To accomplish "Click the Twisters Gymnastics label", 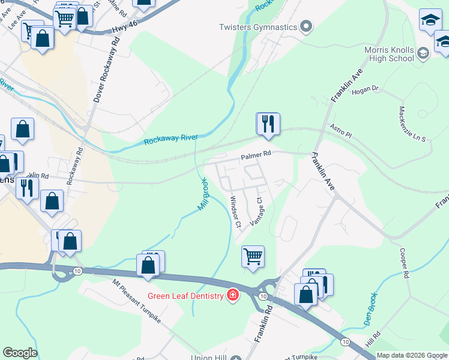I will click(x=258, y=27).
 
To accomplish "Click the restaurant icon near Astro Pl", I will click(x=268, y=124).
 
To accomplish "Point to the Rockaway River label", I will click(x=171, y=140).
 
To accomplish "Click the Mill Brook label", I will click(x=204, y=193).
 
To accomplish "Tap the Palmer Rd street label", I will click(x=256, y=154).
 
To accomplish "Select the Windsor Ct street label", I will click(x=235, y=212).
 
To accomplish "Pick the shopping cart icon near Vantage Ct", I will click(x=253, y=256).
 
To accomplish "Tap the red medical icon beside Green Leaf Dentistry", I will click(x=232, y=295).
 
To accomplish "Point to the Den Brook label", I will click(x=372, y=310).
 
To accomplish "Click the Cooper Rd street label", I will click(x=403, y=264).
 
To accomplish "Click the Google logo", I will click(x=20, y=353).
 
